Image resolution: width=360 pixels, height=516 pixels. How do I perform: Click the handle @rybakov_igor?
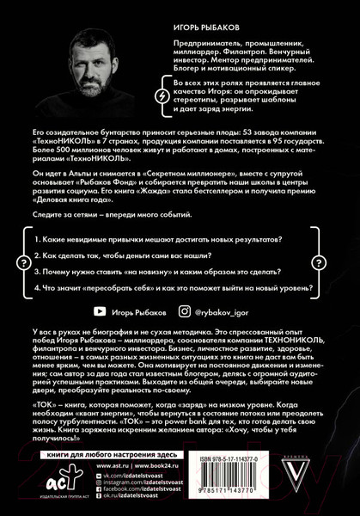232,315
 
